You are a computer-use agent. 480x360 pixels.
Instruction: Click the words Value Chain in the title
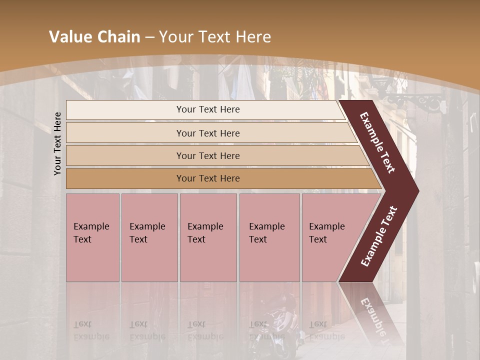94,37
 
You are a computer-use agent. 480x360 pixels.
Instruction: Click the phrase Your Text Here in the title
215,37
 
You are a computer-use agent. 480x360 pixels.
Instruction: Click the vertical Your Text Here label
57,143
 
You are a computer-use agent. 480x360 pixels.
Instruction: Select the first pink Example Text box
92,237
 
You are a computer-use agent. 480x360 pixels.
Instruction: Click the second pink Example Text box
149,237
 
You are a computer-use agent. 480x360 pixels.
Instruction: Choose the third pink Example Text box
208,237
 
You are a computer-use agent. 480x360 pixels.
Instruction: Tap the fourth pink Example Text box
269,237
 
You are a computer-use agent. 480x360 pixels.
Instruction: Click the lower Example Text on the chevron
379,236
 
